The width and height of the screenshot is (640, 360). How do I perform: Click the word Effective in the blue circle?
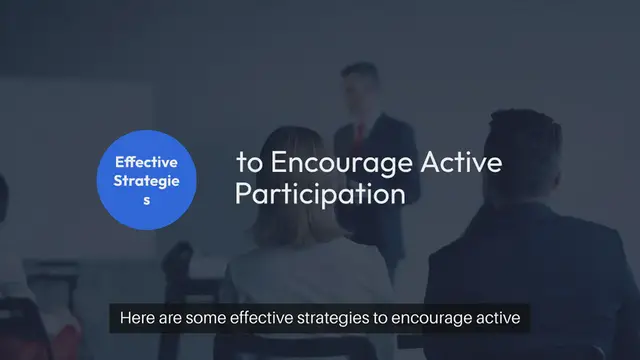(x=146, y=161)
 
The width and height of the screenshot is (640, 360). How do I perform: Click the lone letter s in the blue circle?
(x=146, y=200)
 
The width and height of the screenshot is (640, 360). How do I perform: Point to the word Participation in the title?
(x=320, y=193)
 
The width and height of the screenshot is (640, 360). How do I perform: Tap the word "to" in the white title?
(x=246, y=163)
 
